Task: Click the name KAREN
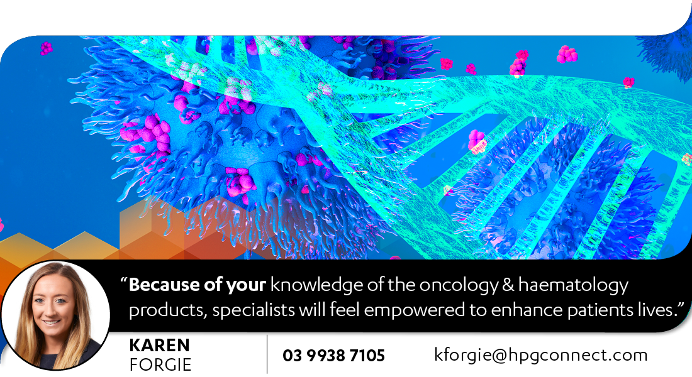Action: click(x=159, y=345)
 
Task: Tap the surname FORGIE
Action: click(x=160, y=365)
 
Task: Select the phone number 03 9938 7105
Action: click(x=333, y=356)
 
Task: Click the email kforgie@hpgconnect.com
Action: click(x=540, y=355)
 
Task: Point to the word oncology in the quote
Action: click(x=459, y=286)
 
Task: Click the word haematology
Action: click(x=573, y=286)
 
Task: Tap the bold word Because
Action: click(x=163, y=285)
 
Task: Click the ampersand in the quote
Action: click(x=508, y=285)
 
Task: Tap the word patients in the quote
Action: click(x=600, y=310)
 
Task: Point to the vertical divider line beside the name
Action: click(x=267, y=354)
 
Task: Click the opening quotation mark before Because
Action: click(x=123, y=281)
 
